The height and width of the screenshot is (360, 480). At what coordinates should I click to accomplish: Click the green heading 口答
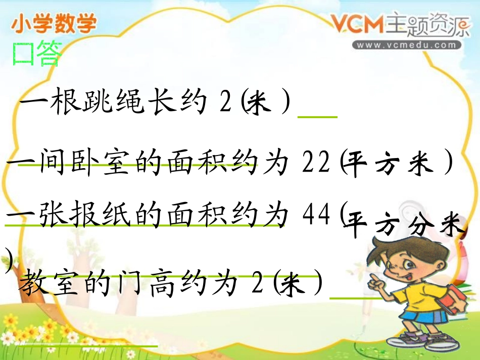36,54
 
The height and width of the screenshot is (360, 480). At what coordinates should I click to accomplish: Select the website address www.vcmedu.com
408,45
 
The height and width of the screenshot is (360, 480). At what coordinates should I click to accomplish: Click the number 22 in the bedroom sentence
316,164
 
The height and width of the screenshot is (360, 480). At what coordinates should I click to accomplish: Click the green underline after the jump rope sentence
318,117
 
